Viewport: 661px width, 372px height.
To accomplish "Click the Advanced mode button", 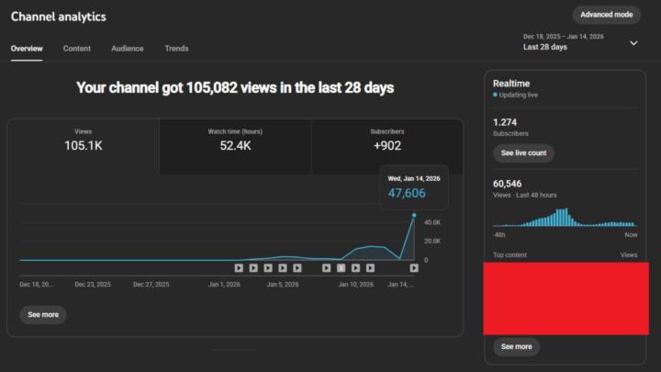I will [x=607, y=15].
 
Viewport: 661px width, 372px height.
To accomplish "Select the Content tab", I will [x=77, y=48].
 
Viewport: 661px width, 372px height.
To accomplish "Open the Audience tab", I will [x=128, y=48].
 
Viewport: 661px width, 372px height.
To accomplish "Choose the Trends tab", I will [x=176, y=48].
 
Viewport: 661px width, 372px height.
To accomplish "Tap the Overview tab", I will [x=27, y=48].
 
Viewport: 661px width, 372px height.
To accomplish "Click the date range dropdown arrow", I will [x=633, y=42].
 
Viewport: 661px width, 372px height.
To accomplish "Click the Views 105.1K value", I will [x=83, y=146].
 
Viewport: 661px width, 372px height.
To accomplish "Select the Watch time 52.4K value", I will [x=235, y=146].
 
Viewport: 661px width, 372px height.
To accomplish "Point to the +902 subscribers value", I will [x=387, y=146].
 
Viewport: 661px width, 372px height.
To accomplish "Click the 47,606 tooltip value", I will [x=408, y=193].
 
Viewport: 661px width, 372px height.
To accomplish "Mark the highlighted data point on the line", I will [x=414, y=216].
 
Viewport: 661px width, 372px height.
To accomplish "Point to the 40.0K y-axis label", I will [x=431, y=223].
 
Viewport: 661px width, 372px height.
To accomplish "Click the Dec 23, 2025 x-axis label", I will [x=93, y=285].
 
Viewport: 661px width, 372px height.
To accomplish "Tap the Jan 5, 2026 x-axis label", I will [x=282, y=285].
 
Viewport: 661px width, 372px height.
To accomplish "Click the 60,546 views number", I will [x=508, y=184].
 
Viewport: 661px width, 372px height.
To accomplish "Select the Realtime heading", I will [x=510, y=82].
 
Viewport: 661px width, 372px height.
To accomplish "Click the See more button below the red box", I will [x=516, y=346].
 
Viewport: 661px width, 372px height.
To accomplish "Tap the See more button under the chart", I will [x=43, y=314].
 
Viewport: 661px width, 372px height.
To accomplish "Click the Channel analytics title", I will [x=59, y=17].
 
